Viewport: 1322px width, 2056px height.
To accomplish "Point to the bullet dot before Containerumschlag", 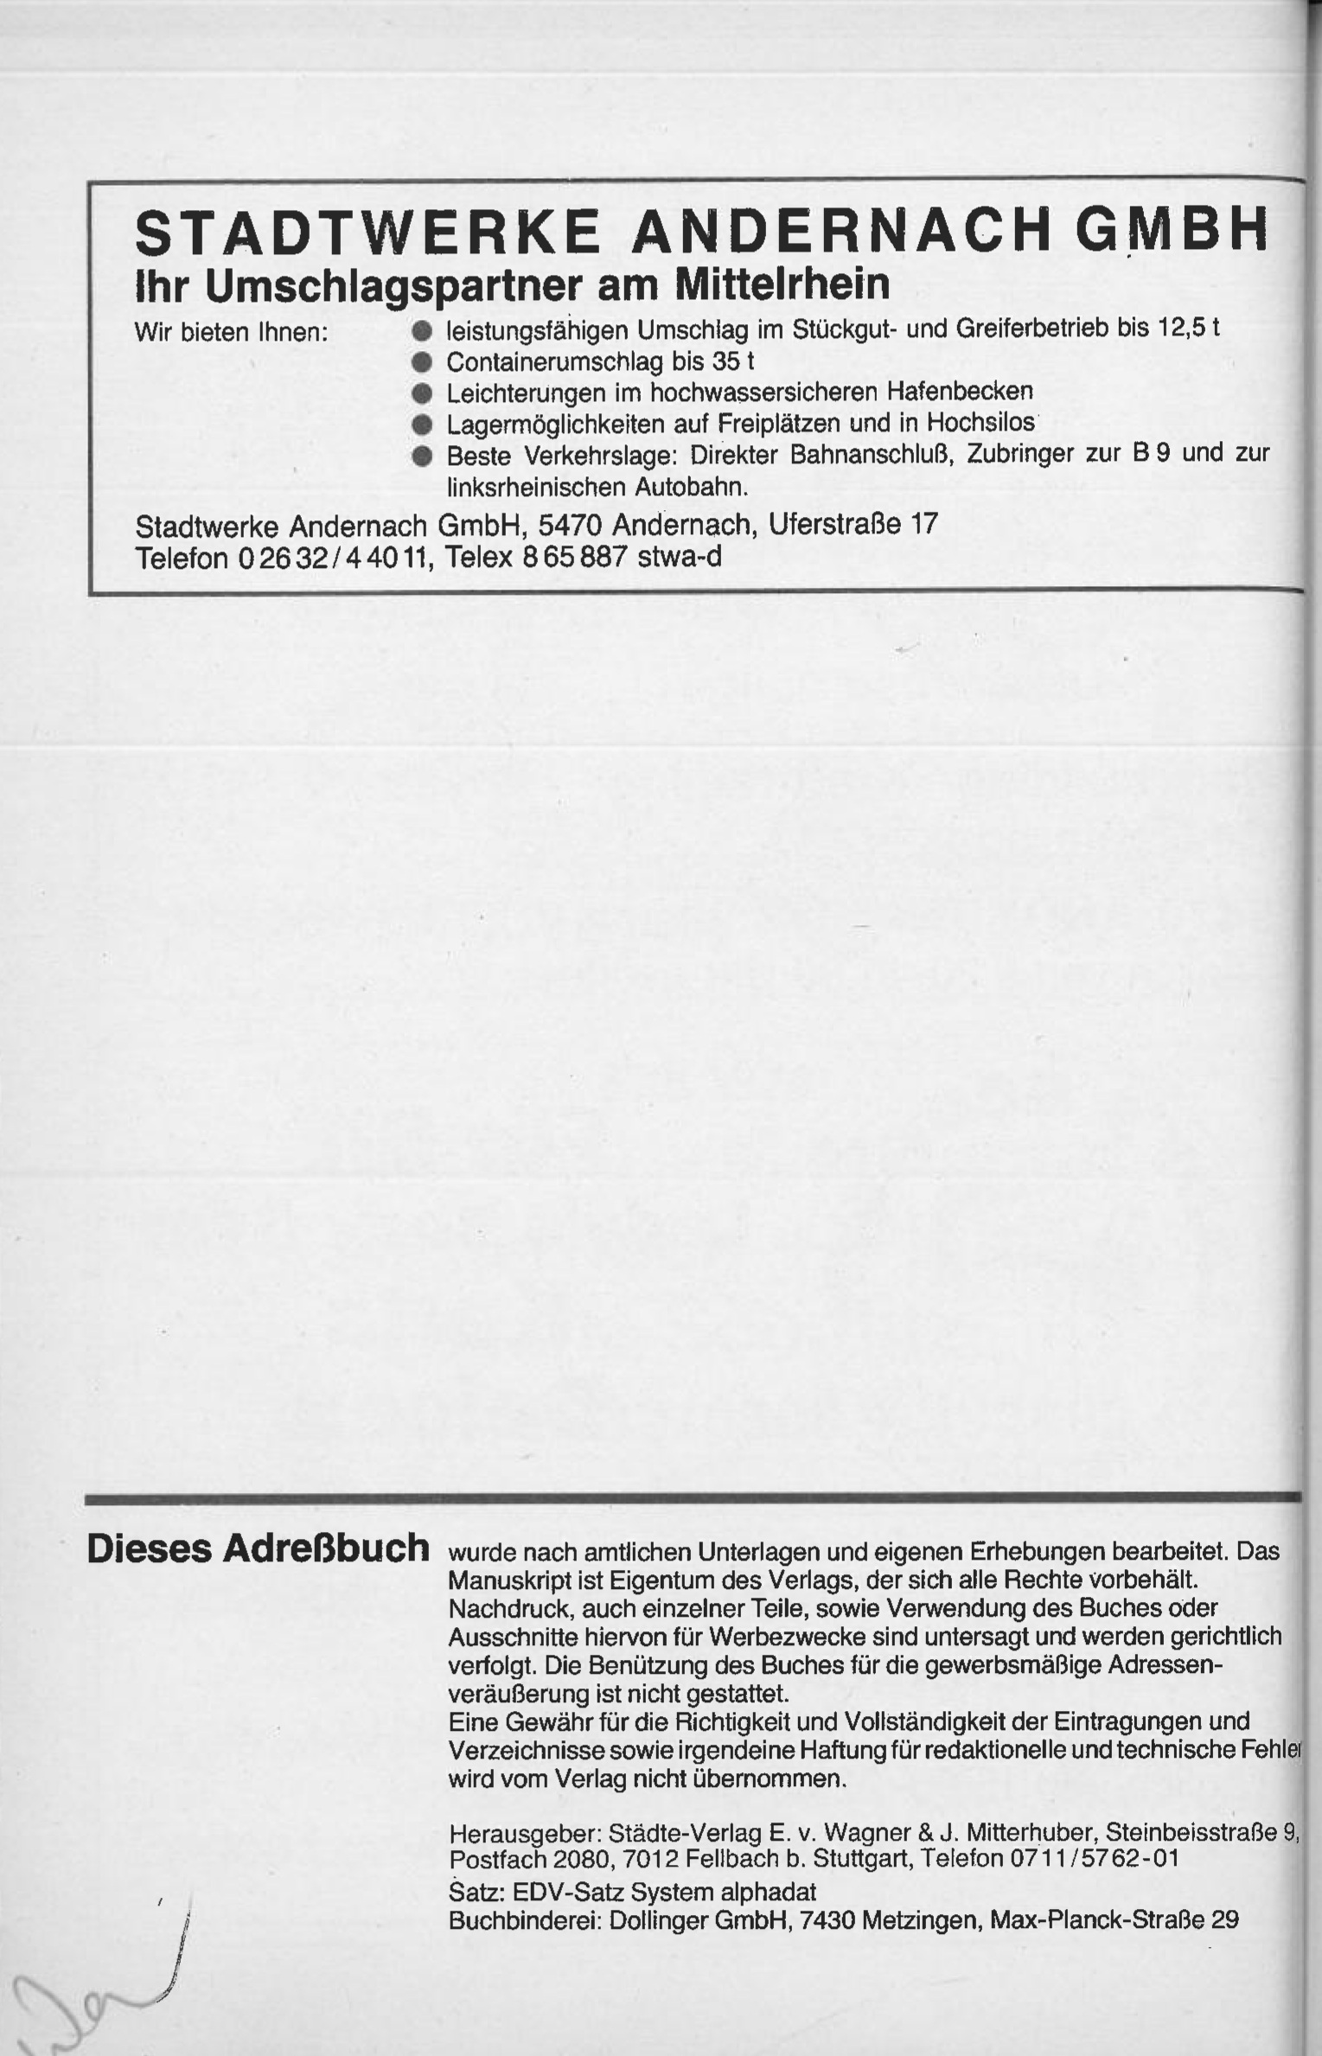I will coord(422,361).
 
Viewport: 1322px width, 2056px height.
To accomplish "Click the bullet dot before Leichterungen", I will coord(422,393).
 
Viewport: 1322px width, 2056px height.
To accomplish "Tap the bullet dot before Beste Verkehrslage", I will coord(422,456).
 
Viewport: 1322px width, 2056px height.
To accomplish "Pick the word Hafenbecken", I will coord(960,391).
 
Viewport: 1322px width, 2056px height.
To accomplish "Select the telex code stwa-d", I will coord(679,557).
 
